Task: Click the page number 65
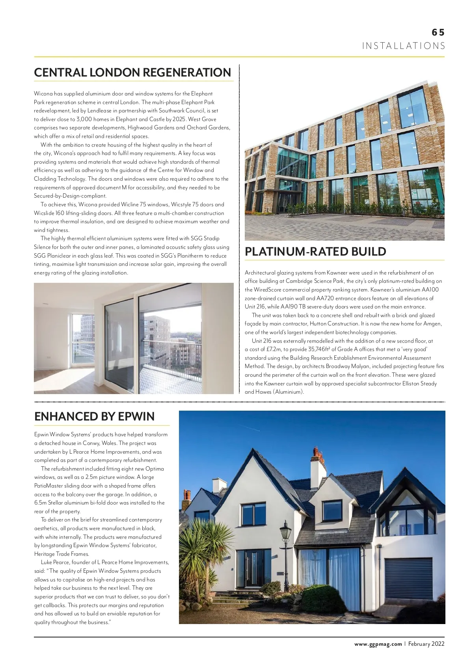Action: [x=438, y=32]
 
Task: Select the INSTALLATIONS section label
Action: [x=404, y=46]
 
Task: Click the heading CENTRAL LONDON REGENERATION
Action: [x=132, y=73]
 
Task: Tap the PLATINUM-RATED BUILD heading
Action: [x=315, y=252]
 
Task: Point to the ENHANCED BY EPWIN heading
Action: [x=94, y=417]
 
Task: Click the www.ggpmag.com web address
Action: [x=378, y=644]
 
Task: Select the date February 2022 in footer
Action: [x=426, y=644]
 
